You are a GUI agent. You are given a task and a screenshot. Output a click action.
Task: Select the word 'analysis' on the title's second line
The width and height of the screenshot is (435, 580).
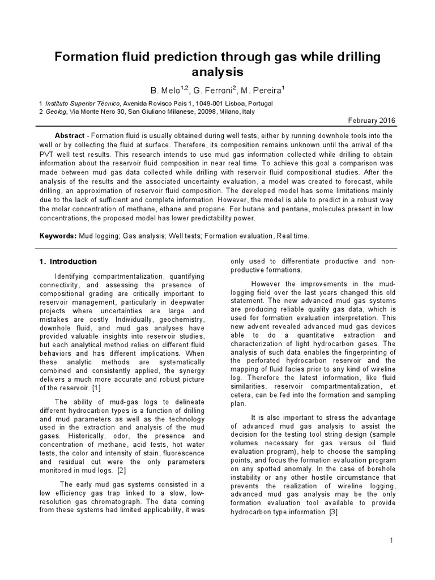(217, 72)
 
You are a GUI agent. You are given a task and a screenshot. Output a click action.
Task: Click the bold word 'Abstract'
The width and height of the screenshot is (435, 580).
(70, 137)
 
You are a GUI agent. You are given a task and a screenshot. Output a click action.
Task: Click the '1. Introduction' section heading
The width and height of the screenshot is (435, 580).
(68, 262)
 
